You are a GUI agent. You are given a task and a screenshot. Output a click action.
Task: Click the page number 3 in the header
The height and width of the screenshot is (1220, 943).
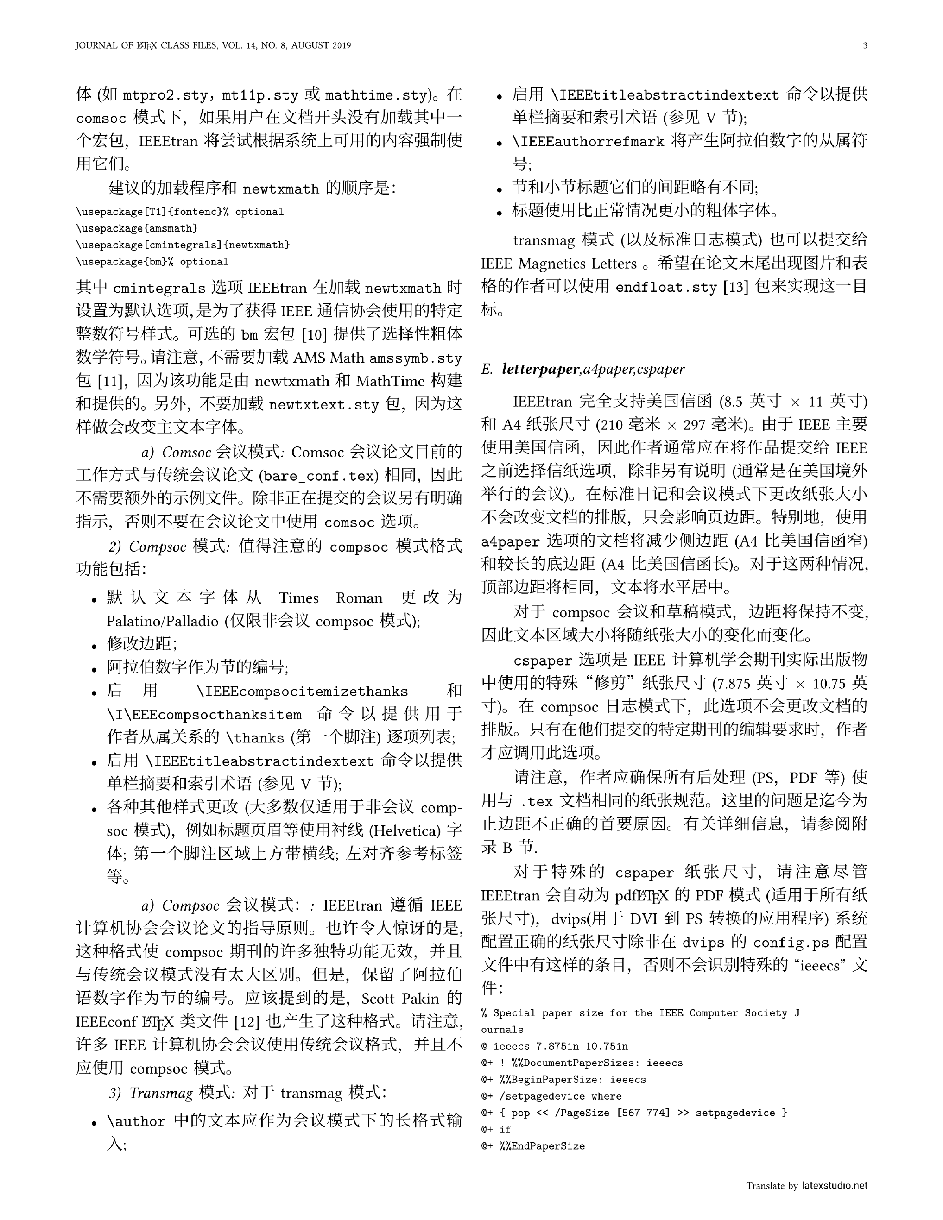[x=865, y=46]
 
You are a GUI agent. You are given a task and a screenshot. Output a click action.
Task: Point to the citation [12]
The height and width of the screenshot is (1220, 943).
[x=246, y=1022]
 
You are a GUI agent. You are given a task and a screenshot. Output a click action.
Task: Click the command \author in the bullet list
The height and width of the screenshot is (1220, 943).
[x=136, y=1122]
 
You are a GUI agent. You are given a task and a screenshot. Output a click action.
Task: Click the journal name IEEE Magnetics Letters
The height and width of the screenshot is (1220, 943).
[x=558, y=264]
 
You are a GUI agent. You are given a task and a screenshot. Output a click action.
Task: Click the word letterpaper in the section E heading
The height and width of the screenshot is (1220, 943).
[x=540, y=369]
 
